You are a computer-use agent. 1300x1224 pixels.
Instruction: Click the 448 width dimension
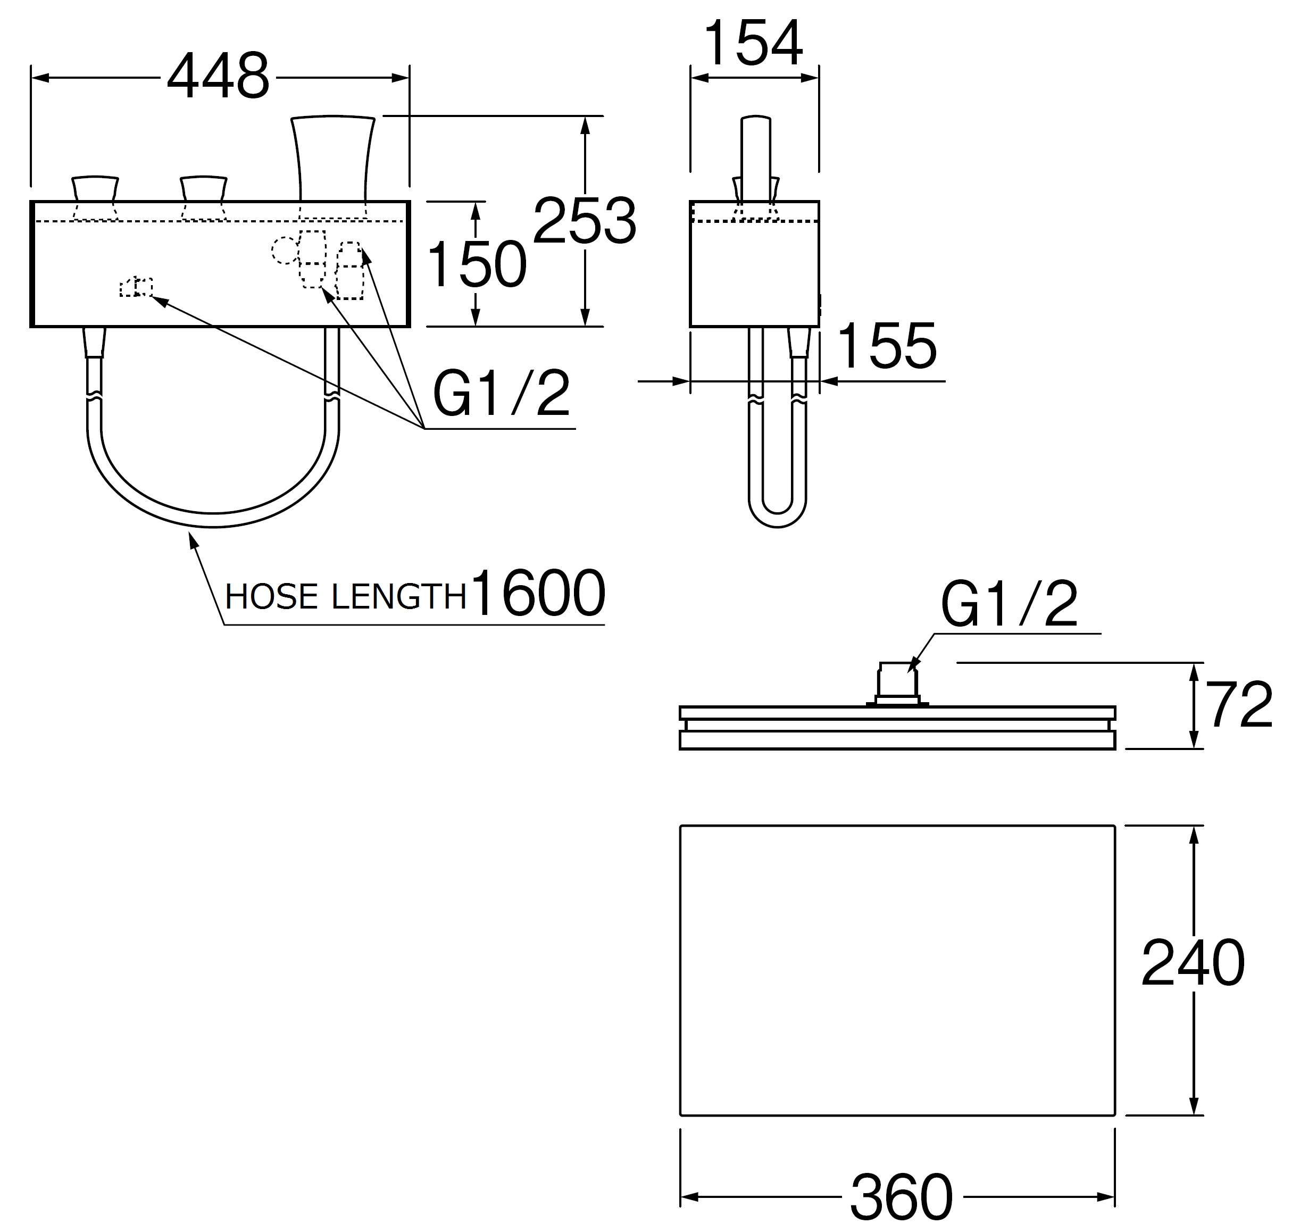click(218, 77)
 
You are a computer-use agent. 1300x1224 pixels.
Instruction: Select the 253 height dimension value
click(585, 221)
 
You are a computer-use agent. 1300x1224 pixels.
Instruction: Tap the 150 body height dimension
click(476, 264)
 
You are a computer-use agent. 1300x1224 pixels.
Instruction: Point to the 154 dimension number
click(753, 43)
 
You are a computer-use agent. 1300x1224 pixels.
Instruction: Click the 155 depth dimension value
click(887, 345)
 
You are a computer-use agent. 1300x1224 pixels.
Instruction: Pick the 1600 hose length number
click(538, 593)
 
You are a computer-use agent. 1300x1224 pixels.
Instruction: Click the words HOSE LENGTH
click(345, 596)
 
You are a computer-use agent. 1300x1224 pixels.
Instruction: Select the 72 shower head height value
click(1240, 705)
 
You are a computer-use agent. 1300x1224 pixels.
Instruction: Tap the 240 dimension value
click(1193, 963)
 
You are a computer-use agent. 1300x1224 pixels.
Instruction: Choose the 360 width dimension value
click(901, 1196)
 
